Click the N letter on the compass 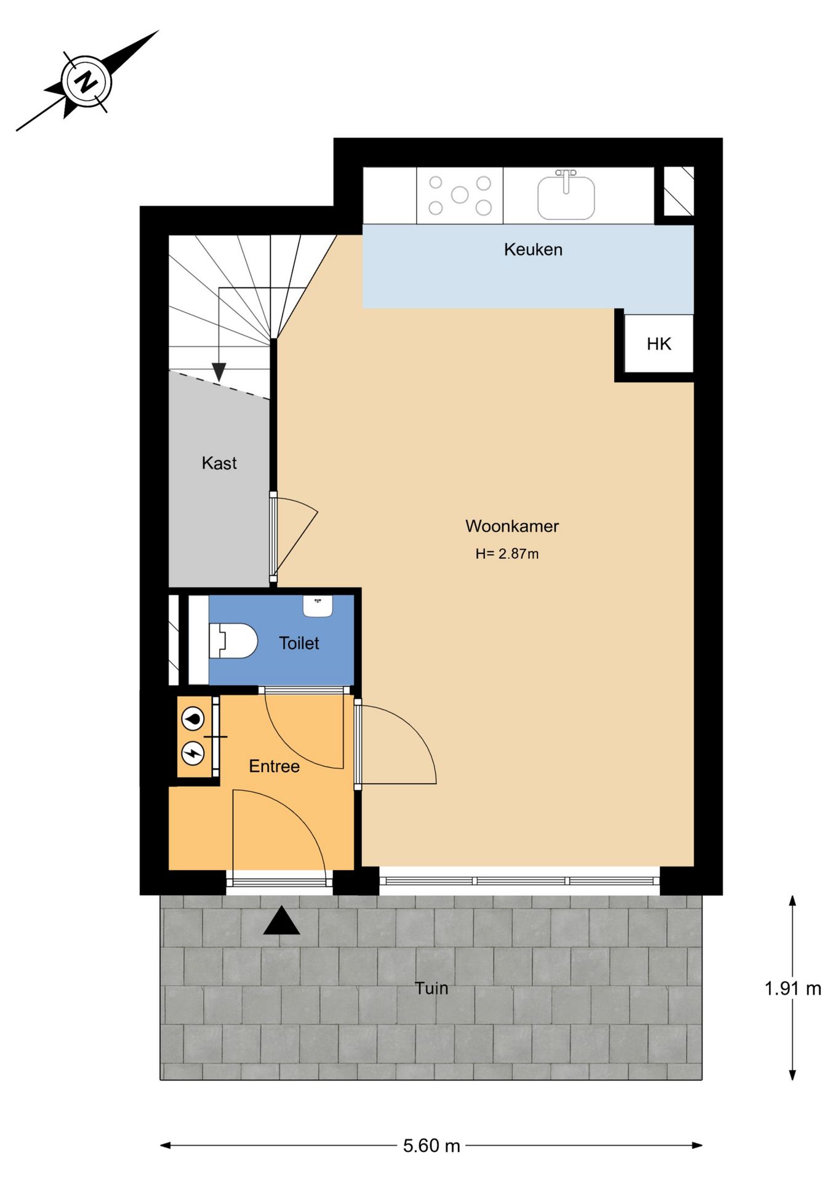pyautogui.click(x=87, y=81)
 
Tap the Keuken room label pyautogui.click(x=533, y=249)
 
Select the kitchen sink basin pyautogui.click(x=566, y=197)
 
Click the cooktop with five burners pyautogui.click(x=460, y=195)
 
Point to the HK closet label pyautogui.click(x=659, y=344)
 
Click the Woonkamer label pyautogui.click(x=512, y=526)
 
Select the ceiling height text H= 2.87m pyautogui.click(x=507, y=554)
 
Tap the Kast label pyautogui.click(x=219, y=463)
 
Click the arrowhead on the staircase pyautogui.click(x=219, y=372)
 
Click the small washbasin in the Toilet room pyautogui.click(x=318, y=605)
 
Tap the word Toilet pyautogui.click(x=299, y=643)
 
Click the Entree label pyautogui.click(x=274, y=766)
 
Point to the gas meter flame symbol pyautogui.click(x=193, y=718)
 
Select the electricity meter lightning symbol pyautogui.click(x=193, y=753)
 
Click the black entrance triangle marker pyautogui.click(x=281, y=922)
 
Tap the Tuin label pyautogui.click(x=431, y=988)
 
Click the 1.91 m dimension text pyautogui.click(x=792, y=989)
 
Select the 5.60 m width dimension pyautogui.click(x=432, y=1146)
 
